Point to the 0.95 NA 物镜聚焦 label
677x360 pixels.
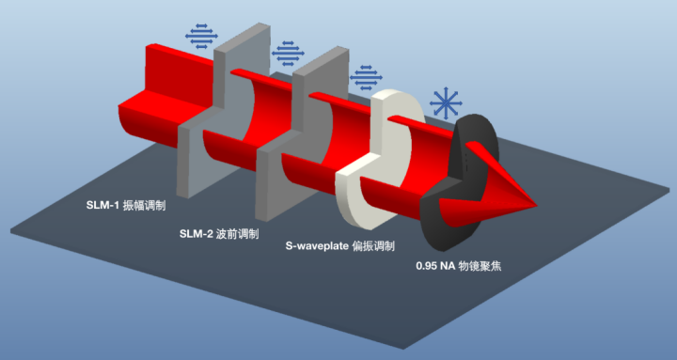[x=467, y=266]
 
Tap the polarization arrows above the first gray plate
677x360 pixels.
[x=200, y=37]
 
